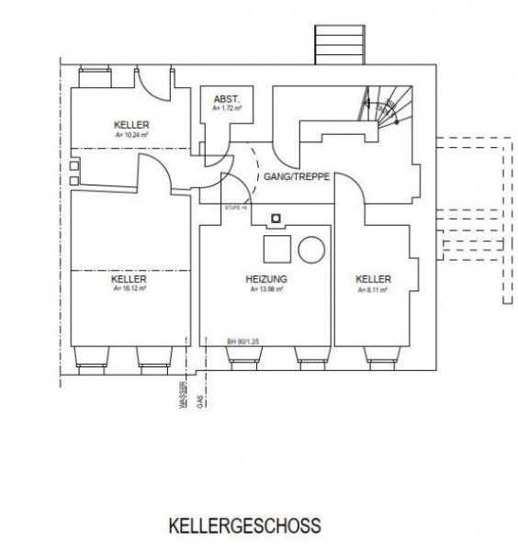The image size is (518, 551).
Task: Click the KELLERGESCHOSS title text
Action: point(244,528)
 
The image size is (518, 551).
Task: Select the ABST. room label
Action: point(226,98)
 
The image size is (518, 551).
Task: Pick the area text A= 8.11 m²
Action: point(374,289)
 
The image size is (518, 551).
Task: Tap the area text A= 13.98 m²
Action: point(266,289)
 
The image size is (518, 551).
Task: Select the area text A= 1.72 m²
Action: point(226,108)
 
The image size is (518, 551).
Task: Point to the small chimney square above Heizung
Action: point(275,219)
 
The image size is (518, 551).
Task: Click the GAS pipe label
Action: point(199,401)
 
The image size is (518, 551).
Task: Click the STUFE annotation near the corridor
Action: point(236,208)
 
